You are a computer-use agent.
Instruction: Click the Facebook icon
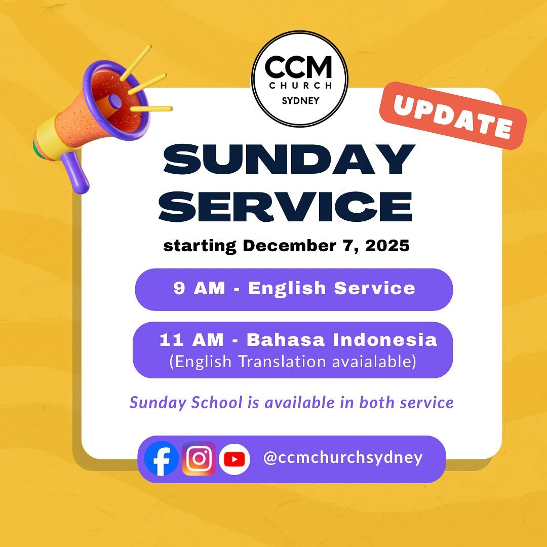(162, 458)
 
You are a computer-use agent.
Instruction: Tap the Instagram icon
(199, 458)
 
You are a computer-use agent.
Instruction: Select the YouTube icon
(235, 459)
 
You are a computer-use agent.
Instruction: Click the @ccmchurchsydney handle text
(343, 458)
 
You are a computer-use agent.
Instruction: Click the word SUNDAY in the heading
(289, 160)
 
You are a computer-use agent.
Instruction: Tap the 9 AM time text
(199, 288)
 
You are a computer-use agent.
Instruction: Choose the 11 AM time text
(191, 339)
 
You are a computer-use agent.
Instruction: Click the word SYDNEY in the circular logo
(300, 100)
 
